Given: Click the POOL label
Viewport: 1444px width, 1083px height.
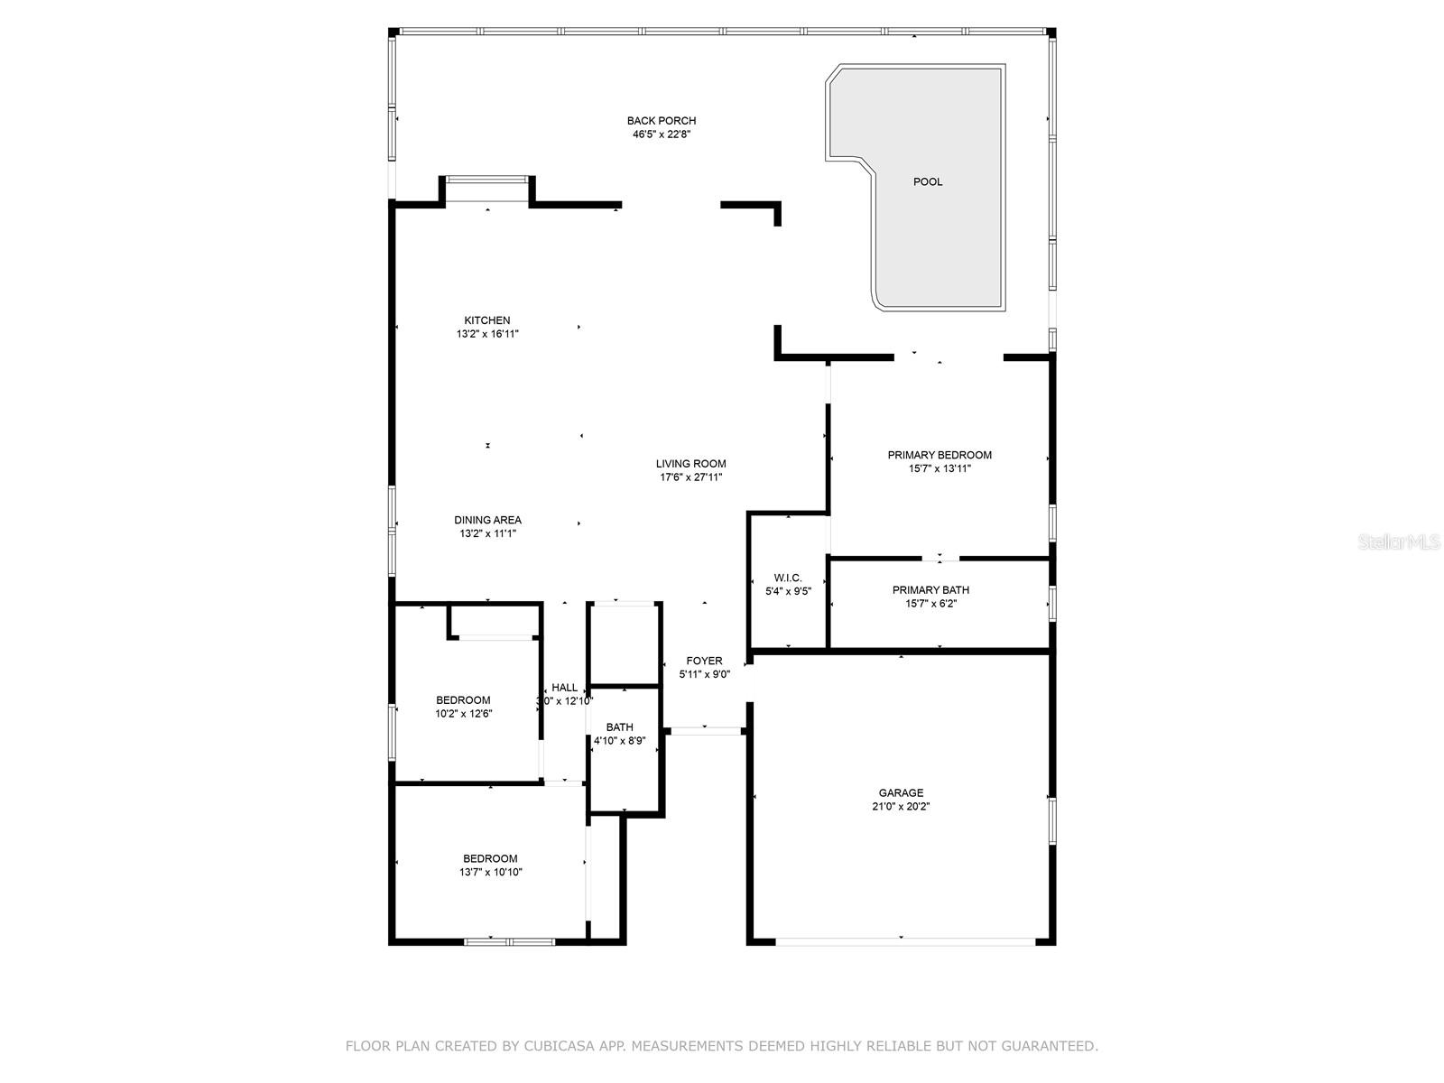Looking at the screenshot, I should pyautogui.click(x=928, y=182).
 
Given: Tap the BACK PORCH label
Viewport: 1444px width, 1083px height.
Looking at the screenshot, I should pyautogui.click(x=662, y=121).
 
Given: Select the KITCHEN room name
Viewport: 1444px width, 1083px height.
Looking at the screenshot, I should pyautogui.click(x=487, y=320).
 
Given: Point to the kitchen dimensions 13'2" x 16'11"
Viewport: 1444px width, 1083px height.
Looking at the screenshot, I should pyautogui.click(x=487, y=334).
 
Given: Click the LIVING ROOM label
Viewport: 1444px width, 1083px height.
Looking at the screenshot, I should pyautogui.click(x=690, y=464).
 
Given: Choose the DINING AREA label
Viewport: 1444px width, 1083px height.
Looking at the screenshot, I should pyautogui.click(x=487, y=520).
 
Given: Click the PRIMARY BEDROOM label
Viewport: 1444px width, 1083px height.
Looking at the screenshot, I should pyautogui.click(x=940, y=455).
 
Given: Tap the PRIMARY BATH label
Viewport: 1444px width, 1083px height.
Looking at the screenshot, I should pyautogui.click(x=930, y=590).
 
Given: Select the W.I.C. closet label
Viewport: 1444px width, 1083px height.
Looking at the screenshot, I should pyautogui.click(x=787, y=579).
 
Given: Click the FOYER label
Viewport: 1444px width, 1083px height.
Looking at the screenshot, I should pyautogui.click(x=704, y=661).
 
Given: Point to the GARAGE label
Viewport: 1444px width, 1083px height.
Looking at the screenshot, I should pyautogui.click(x=901, y=793).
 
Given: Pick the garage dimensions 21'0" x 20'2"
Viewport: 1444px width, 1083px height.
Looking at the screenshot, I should pyautogui.click(x=901, y=807).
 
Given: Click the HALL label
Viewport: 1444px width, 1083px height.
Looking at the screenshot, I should pyautogui.click(x=565, y=688).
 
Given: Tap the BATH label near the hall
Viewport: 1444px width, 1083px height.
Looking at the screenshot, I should pyautogui.click(x=619, y=727).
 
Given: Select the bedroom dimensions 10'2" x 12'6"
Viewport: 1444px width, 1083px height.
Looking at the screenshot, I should pyautogui.click(x=463, y=714).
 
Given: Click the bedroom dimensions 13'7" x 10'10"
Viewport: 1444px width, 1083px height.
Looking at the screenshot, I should pyautogui.click(x=490, y=872).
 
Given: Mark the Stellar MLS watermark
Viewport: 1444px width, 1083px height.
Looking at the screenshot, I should pyautogui.click(x=1400, y=542).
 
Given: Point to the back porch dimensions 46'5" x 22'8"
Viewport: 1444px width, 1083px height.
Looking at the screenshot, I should pyautogui.click(x=662, y=134).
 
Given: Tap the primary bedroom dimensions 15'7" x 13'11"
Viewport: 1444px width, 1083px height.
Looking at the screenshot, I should pyautogui.click(x=940, y=468).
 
